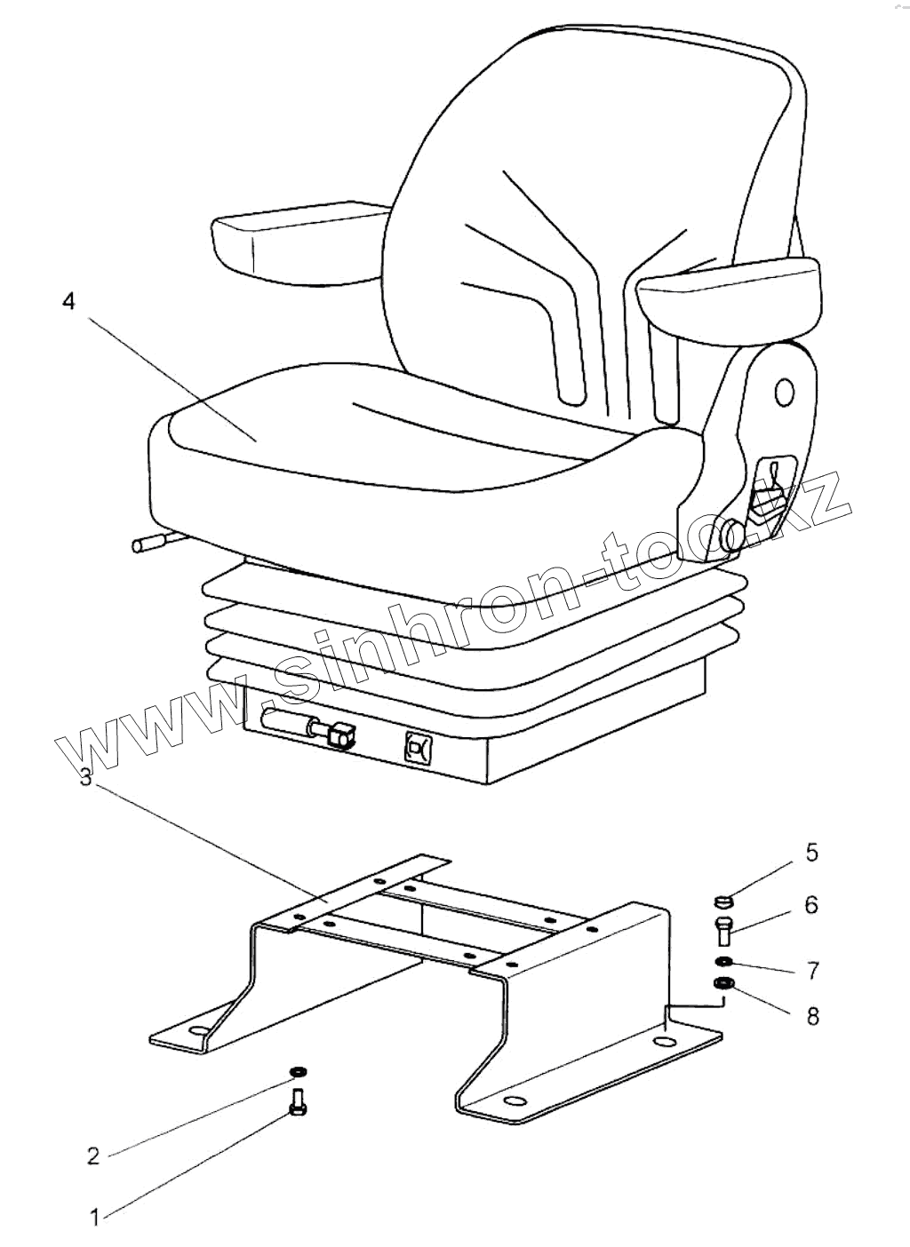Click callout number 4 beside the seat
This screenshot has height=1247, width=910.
(69, 302)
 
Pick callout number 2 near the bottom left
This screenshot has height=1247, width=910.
(93, 1156)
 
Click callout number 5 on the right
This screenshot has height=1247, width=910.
(811, 854)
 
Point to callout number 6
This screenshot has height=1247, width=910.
(811, 905)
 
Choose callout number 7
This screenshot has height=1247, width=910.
(812, 970)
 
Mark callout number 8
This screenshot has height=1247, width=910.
(812, 1016)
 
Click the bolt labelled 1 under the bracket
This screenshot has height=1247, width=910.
(298, 1104)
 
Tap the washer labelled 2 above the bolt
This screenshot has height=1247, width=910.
(298, 1072)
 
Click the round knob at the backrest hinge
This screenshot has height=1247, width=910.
(732, 535)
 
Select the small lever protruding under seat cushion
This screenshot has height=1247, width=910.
(147, 544)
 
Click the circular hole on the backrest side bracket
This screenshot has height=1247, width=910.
(785, 392)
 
